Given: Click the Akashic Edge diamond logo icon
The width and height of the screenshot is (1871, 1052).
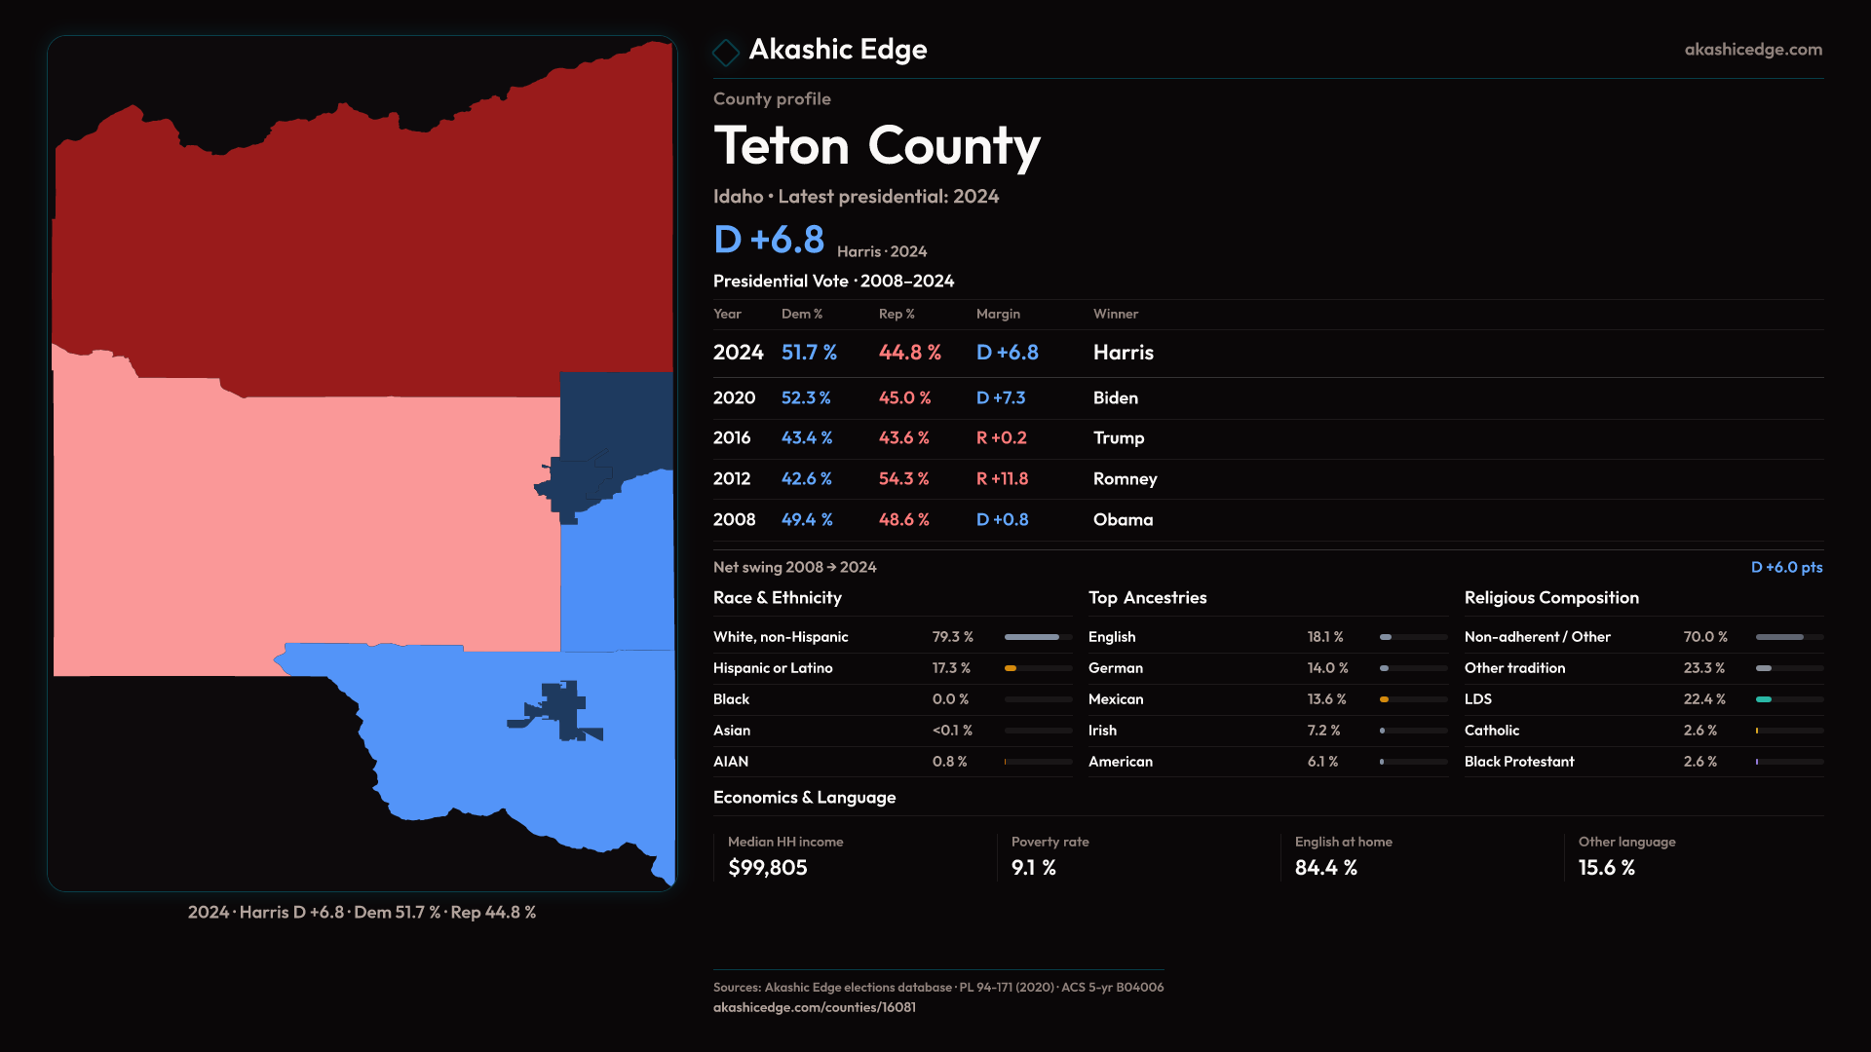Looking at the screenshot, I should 726,52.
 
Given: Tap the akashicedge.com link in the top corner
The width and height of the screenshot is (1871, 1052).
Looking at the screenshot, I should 1753,50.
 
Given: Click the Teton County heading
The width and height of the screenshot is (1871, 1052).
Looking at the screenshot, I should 877,147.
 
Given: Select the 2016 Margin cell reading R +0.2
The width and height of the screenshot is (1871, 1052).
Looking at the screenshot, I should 1002,438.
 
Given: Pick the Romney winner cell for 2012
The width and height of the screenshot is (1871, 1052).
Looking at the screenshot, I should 1126,479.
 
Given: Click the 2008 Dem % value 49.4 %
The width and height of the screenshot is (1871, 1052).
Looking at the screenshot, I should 807,520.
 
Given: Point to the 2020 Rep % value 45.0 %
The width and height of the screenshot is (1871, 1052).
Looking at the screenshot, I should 904,398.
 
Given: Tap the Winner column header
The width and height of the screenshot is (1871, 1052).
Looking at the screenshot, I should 1116,315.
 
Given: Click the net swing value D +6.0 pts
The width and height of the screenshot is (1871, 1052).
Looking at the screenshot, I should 1786,568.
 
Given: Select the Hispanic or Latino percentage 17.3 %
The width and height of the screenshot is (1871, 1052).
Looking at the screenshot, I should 951,668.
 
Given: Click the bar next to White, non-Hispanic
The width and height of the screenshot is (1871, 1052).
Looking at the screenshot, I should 1038,637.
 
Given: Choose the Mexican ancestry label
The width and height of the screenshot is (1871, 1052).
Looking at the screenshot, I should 1116,699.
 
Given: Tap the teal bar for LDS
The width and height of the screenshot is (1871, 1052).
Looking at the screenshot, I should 1764,699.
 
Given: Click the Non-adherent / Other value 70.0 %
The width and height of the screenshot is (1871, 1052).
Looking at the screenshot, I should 1705,637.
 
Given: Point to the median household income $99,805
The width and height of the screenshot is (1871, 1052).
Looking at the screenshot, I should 768,868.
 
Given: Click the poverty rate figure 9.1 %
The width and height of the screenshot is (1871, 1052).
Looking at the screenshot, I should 1034,868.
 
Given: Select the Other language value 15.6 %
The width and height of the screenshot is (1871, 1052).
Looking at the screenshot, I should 1607,868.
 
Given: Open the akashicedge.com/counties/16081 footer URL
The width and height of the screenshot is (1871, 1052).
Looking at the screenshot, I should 815,1008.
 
